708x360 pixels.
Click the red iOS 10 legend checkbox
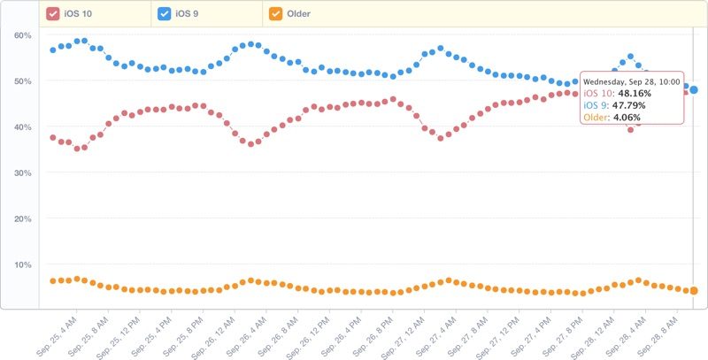tap(53, 13)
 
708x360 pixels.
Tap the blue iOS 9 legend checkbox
tap(165, 13)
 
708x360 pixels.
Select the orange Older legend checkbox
tap(276, 13)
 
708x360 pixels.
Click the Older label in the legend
tap(298, 13)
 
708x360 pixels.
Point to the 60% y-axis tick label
tap(23, 35)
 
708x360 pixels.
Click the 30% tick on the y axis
tap(23, 172)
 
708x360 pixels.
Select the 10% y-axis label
tap(23, 264)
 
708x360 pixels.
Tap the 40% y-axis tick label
tap(23, 126)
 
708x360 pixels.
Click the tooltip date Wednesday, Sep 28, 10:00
tap(630, 80)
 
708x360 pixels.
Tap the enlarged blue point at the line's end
tap(695, 89)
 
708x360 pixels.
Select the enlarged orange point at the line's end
tap(695, 291)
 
